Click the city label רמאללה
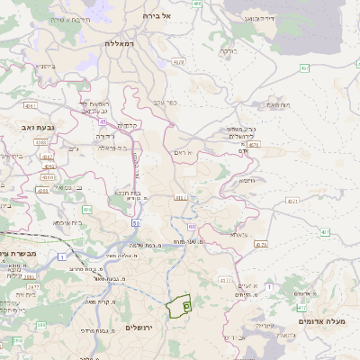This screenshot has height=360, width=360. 118,44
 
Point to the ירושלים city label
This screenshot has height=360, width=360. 141,327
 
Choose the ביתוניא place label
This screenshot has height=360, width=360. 46,66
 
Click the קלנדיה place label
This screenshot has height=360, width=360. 127,125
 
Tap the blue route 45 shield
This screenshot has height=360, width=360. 103,121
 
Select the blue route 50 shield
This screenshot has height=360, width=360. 136,220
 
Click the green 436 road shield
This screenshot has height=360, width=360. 87,209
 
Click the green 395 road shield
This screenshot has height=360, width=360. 40,324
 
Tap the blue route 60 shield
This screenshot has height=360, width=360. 191,227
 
